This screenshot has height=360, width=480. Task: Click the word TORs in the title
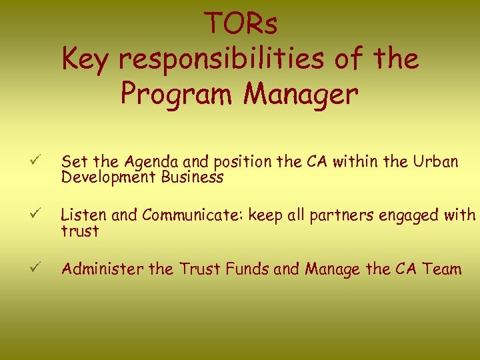point(241,25)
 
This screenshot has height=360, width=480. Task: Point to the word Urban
point(435,161)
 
